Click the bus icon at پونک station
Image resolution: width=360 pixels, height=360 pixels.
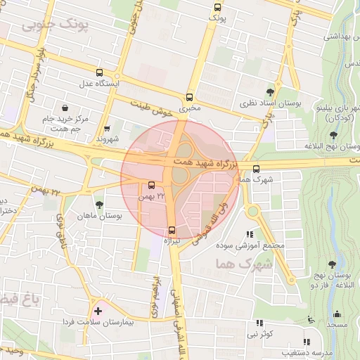pyautogui.click(x=217, y=8)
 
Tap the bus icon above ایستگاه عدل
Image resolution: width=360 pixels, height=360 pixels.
pyautogui.click(x=98, y=72)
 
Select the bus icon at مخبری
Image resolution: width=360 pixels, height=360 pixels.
pyautogui.click(x=189, y=98)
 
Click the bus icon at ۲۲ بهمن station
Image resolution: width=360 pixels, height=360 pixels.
pyautogui.click(x=152, y=186)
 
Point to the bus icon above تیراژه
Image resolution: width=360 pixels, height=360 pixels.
pyautogui.click(x=172, y=229)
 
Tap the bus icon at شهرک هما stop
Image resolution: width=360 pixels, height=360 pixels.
pyautogui.click(x=256, y=169)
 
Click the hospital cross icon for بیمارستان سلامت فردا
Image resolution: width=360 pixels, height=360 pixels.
pyautogui.click(x=97, y=310)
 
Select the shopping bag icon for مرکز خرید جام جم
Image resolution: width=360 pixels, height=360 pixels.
pyautogui.click(x=65, y=108)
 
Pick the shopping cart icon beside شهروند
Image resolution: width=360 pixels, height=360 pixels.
pyautogui.click(x=107, y=129)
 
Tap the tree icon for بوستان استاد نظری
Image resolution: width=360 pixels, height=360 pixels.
pyautogui.click(x=270, y=92)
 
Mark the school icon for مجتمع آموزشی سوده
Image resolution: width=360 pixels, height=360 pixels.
pyautogui.click(x=249, y=234)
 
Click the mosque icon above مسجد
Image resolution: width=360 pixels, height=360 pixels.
pyautogui.click(x=336, y=314)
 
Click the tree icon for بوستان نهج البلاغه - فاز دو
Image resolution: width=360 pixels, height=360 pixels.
pyautogui.click(x=332, y=264)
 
